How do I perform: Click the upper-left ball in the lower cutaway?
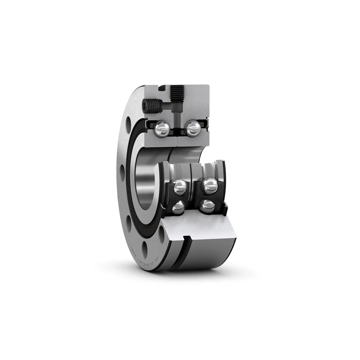pyautogui.click(x=180, y=187)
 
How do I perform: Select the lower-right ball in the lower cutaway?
pyautogui.click(x=207, y=206)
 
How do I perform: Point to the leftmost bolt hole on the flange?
pyautogui.click(x=122, y=172)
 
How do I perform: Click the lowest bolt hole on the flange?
pyautogui.click(x=145, y=249)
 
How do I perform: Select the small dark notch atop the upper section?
pyautogui.click(x=162, y=87)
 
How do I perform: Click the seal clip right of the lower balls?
pyautogui.click(x=225, y=208)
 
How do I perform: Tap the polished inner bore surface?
pyautogui.click(x=144, y=180)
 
